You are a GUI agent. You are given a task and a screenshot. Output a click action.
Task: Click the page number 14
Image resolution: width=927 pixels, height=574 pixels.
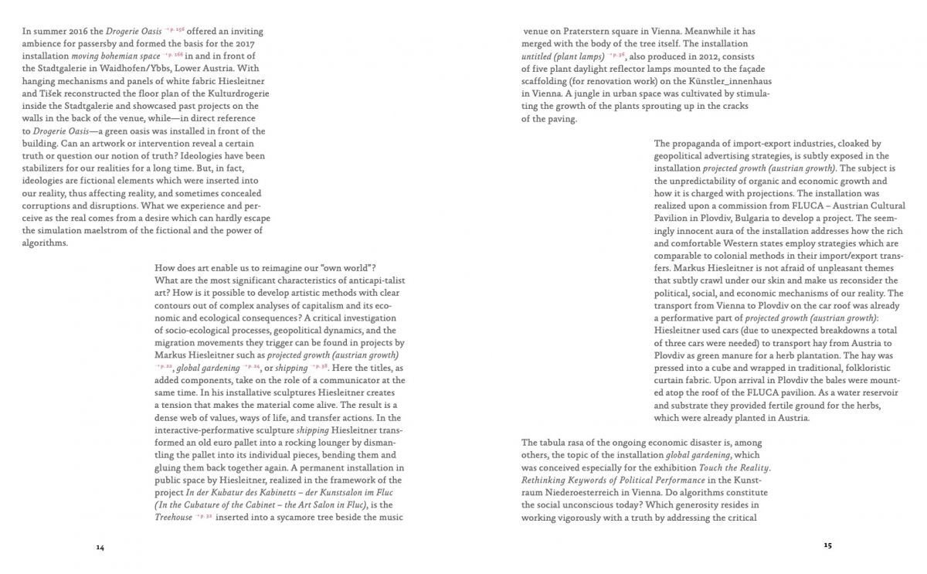point(100,547)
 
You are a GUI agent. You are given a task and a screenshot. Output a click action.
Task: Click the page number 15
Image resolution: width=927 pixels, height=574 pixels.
point(827,545)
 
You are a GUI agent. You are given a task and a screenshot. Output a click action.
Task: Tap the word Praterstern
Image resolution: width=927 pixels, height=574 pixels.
point(592,32)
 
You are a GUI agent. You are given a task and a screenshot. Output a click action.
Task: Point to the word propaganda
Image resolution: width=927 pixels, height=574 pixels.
point(700,144)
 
